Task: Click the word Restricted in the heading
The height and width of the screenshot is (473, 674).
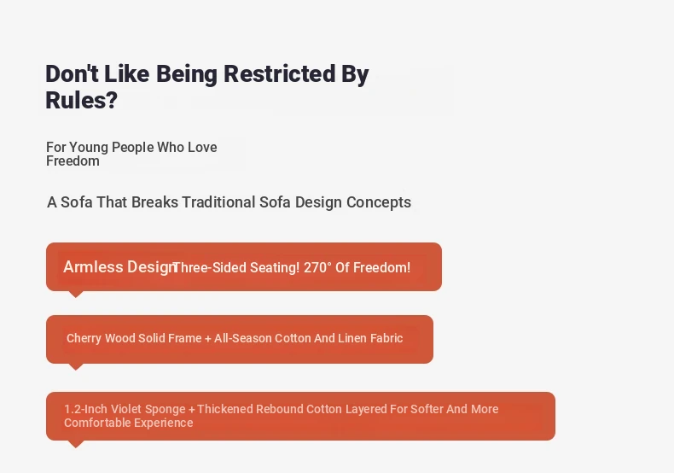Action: (x=279, y=73)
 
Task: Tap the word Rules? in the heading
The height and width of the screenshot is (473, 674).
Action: (x=81, y=100)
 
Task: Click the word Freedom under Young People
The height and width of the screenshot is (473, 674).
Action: (x=73, y=161)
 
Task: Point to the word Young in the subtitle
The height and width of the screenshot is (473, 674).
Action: (x=89, y=148)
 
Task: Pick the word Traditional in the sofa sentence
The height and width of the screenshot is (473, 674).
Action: (x=218, y=202)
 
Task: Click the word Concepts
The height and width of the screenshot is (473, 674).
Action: (x=379, y=202)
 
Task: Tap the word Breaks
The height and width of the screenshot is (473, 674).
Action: (x=154, y=202)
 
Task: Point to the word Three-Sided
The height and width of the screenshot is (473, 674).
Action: (x=209, y=267)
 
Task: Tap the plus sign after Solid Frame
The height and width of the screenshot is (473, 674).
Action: (x=208, y=339)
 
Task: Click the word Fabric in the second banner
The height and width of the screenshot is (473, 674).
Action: (x=386, y=338)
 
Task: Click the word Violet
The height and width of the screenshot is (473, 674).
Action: (x=126, y=409)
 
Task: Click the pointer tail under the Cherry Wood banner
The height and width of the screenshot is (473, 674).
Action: (x=76, y=366)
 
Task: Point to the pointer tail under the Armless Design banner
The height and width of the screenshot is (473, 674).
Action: (x=76, y=294)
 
